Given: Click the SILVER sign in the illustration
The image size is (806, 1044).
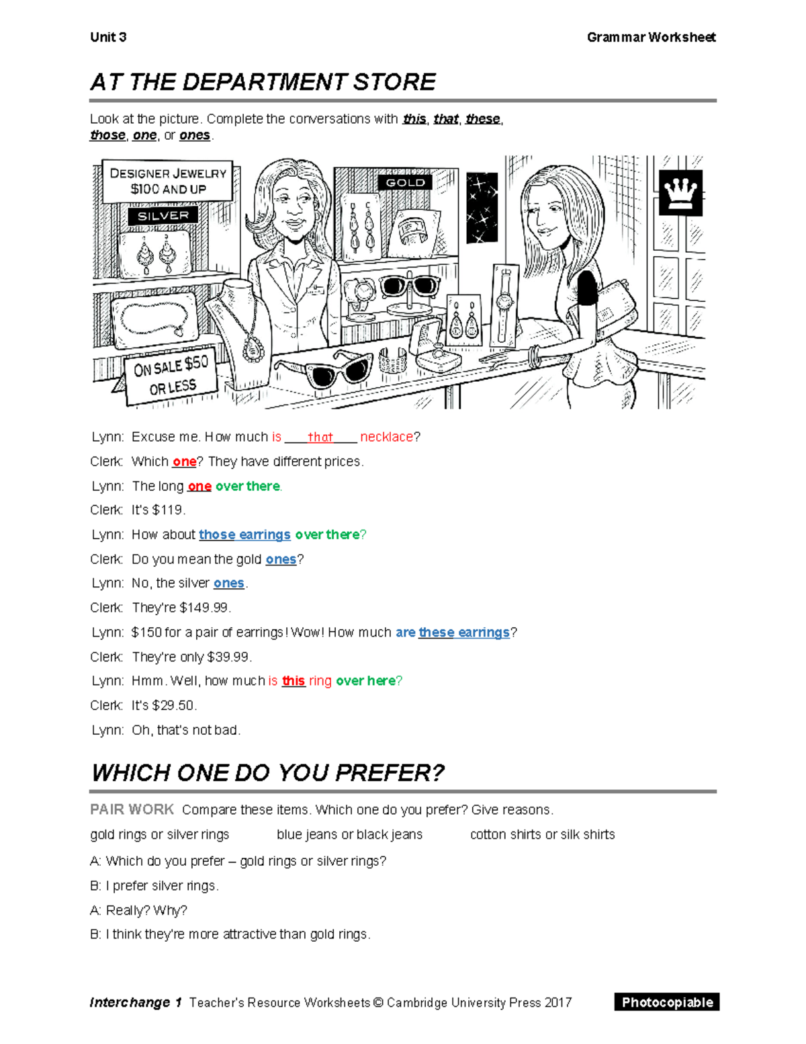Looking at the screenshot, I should [x=163, y=216].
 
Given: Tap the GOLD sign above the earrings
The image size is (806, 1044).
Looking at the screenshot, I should [x=405, y=182].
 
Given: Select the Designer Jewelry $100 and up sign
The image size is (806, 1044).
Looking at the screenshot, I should [x=168, y=181].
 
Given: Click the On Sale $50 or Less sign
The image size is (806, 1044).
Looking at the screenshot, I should [x=172, y=376].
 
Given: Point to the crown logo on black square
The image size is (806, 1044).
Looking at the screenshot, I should [x=680, y=193].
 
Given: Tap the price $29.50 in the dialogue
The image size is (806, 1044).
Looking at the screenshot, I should [x=174, y=705].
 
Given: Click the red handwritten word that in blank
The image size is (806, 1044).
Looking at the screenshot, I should [x=320, y=437].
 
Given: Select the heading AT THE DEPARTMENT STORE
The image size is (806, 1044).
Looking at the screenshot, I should [x=263, y=82].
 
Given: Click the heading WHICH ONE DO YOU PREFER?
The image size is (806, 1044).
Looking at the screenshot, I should [x=267, y=773].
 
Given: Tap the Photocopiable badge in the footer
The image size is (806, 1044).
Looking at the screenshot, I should [x=666, y=1002].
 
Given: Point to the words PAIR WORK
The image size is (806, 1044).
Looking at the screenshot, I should [x=132, y=809].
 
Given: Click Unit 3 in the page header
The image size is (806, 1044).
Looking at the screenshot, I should [x=108, y=37].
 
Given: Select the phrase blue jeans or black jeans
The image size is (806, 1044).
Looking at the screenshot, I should [x=349, y=834].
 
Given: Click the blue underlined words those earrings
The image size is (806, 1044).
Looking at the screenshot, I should [x=244, y=534].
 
